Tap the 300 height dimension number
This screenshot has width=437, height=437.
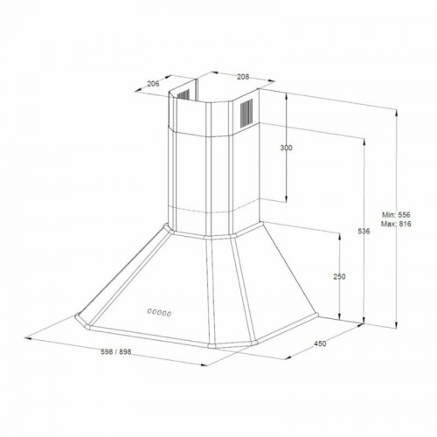point(286,148)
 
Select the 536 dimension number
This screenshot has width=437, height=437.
point(364,231)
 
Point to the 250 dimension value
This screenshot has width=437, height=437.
point(339,276)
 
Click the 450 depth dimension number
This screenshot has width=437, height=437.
point(319,343)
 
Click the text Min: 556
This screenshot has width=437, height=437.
point(396,214)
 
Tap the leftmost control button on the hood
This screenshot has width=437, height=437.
point(149,311)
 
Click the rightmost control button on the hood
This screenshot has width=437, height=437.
point(170,311)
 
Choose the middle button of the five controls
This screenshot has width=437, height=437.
point(159,311)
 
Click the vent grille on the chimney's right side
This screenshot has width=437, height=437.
point(246,111)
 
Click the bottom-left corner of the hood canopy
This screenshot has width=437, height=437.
point(77,319)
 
